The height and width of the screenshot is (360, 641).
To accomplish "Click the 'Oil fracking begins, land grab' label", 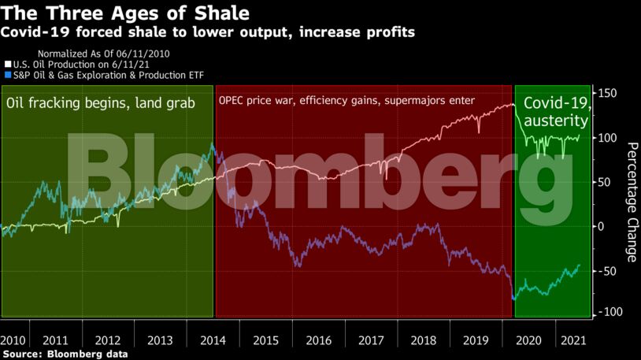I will pyautogui.click(x=100, y=103).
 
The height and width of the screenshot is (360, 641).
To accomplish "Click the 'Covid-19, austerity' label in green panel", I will pyautogui.click(x=555, y=112).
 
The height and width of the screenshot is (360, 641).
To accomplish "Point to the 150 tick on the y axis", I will pyautogui.click(x=610, y=94).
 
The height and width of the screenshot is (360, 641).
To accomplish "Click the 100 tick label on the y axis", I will pyautogui.click(x=610, y=138).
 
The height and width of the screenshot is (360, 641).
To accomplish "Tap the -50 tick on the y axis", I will pyautogui.click(x=610, y=271).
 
